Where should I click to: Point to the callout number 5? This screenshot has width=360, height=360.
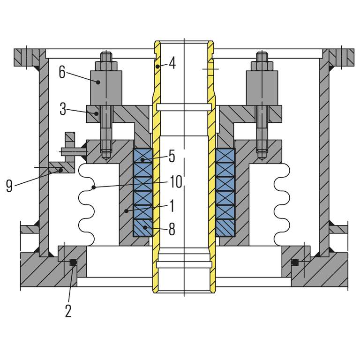pyautogui.click(x=172, y=156)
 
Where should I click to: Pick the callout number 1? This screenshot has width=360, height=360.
pyautogui.click(x=171, y=205)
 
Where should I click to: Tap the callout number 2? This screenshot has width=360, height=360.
pyautogui.click(x=68, y=311)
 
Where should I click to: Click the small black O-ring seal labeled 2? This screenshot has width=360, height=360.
pyautogui.click(x=73, y=262)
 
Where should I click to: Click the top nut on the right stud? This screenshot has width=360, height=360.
pyautogui.click(x=262, y=58)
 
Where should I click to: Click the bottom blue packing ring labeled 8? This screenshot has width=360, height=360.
pyautogui.click(x=143, y=228)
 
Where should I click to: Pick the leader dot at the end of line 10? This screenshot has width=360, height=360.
pyautogui.click(x=94, y=188)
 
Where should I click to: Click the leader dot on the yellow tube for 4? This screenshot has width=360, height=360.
pyautogui.click(x=158, y=66)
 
